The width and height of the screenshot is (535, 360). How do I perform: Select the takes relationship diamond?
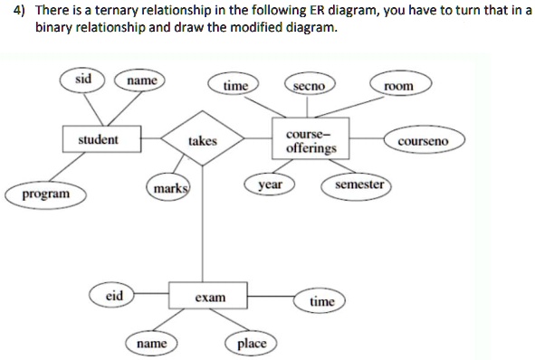tap(202, 141)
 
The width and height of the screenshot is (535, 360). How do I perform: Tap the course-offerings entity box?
tap(310, 140)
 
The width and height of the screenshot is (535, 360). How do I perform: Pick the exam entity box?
tap(210, 297)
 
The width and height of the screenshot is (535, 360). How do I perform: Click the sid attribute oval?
tap(83, 79)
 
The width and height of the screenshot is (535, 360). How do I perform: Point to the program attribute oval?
tap(43, 194)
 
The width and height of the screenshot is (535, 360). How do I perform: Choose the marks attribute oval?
tap(169, 189)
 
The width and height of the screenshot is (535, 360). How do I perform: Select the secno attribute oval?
tap(310, 86)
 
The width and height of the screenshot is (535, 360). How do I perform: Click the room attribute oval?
tap(398, 86)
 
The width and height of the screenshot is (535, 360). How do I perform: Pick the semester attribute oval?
tap(359, 185)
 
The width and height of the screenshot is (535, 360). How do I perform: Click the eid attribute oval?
tap(114, 295)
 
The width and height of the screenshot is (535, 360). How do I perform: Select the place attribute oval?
tap(251, 344)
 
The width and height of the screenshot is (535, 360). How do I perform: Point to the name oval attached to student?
tap(140, 81)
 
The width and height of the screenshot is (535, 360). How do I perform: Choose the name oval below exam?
tap(151, 344)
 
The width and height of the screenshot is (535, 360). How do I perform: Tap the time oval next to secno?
tap(235, 86)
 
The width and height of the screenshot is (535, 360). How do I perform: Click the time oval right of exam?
tap(321, 301)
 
